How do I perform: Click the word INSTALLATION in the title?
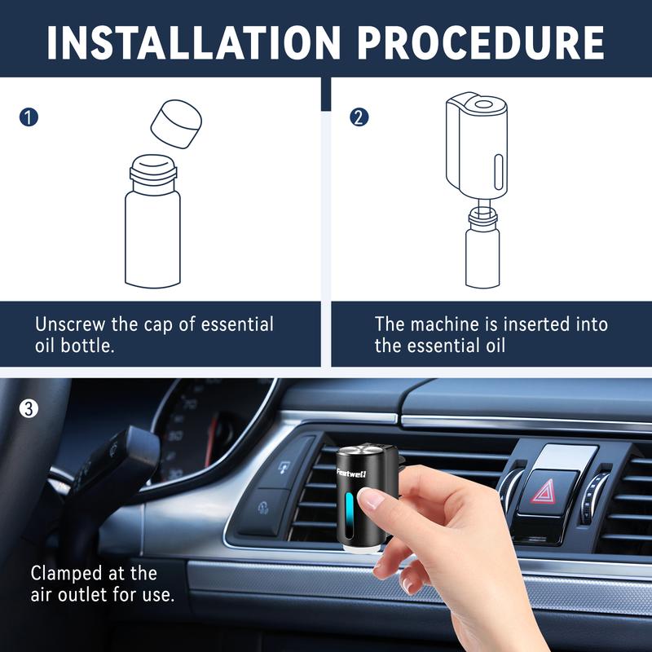[x=193, y=42]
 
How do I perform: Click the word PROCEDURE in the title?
[x=480, y=42]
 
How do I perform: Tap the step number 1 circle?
[x=29, y=117]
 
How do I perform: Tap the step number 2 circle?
[x=359, y=117]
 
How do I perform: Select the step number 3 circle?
[x=29, y=408]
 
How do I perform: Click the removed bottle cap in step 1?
[x=176, y=124]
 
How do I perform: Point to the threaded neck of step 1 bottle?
[x=153, y=173]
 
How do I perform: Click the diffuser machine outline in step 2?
[x=477, y=145]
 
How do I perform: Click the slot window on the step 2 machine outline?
[x=499, y=172]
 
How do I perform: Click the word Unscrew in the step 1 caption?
[x=70, y=324]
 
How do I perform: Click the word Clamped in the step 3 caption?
[x=67, y=574]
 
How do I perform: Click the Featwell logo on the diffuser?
[x=351, y=473]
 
